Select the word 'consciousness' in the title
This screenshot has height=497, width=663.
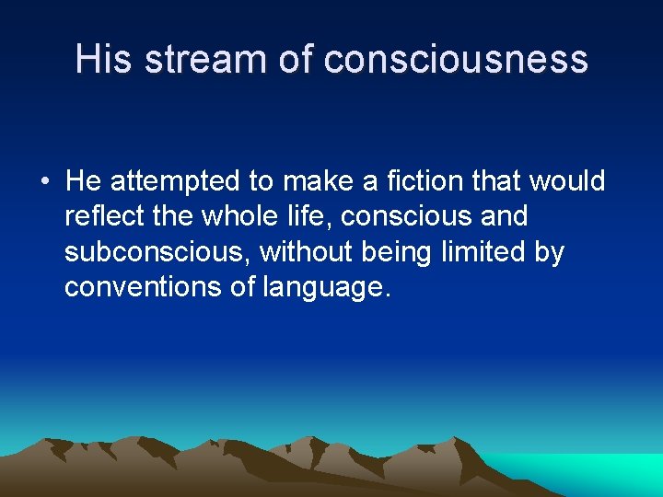tap(456, 59)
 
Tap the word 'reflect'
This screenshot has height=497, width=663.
tap(100, 217)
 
